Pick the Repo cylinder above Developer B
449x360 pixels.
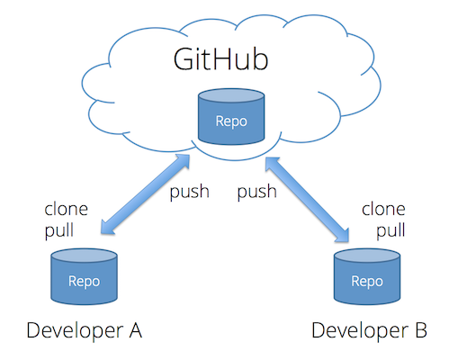(367, 278)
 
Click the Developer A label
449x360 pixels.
(84, 331)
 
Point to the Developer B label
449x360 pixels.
(369, 331)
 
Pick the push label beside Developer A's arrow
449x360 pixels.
(189, 193)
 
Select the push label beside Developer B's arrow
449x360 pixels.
(256, 193)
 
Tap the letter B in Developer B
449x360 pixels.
(420, 331)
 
